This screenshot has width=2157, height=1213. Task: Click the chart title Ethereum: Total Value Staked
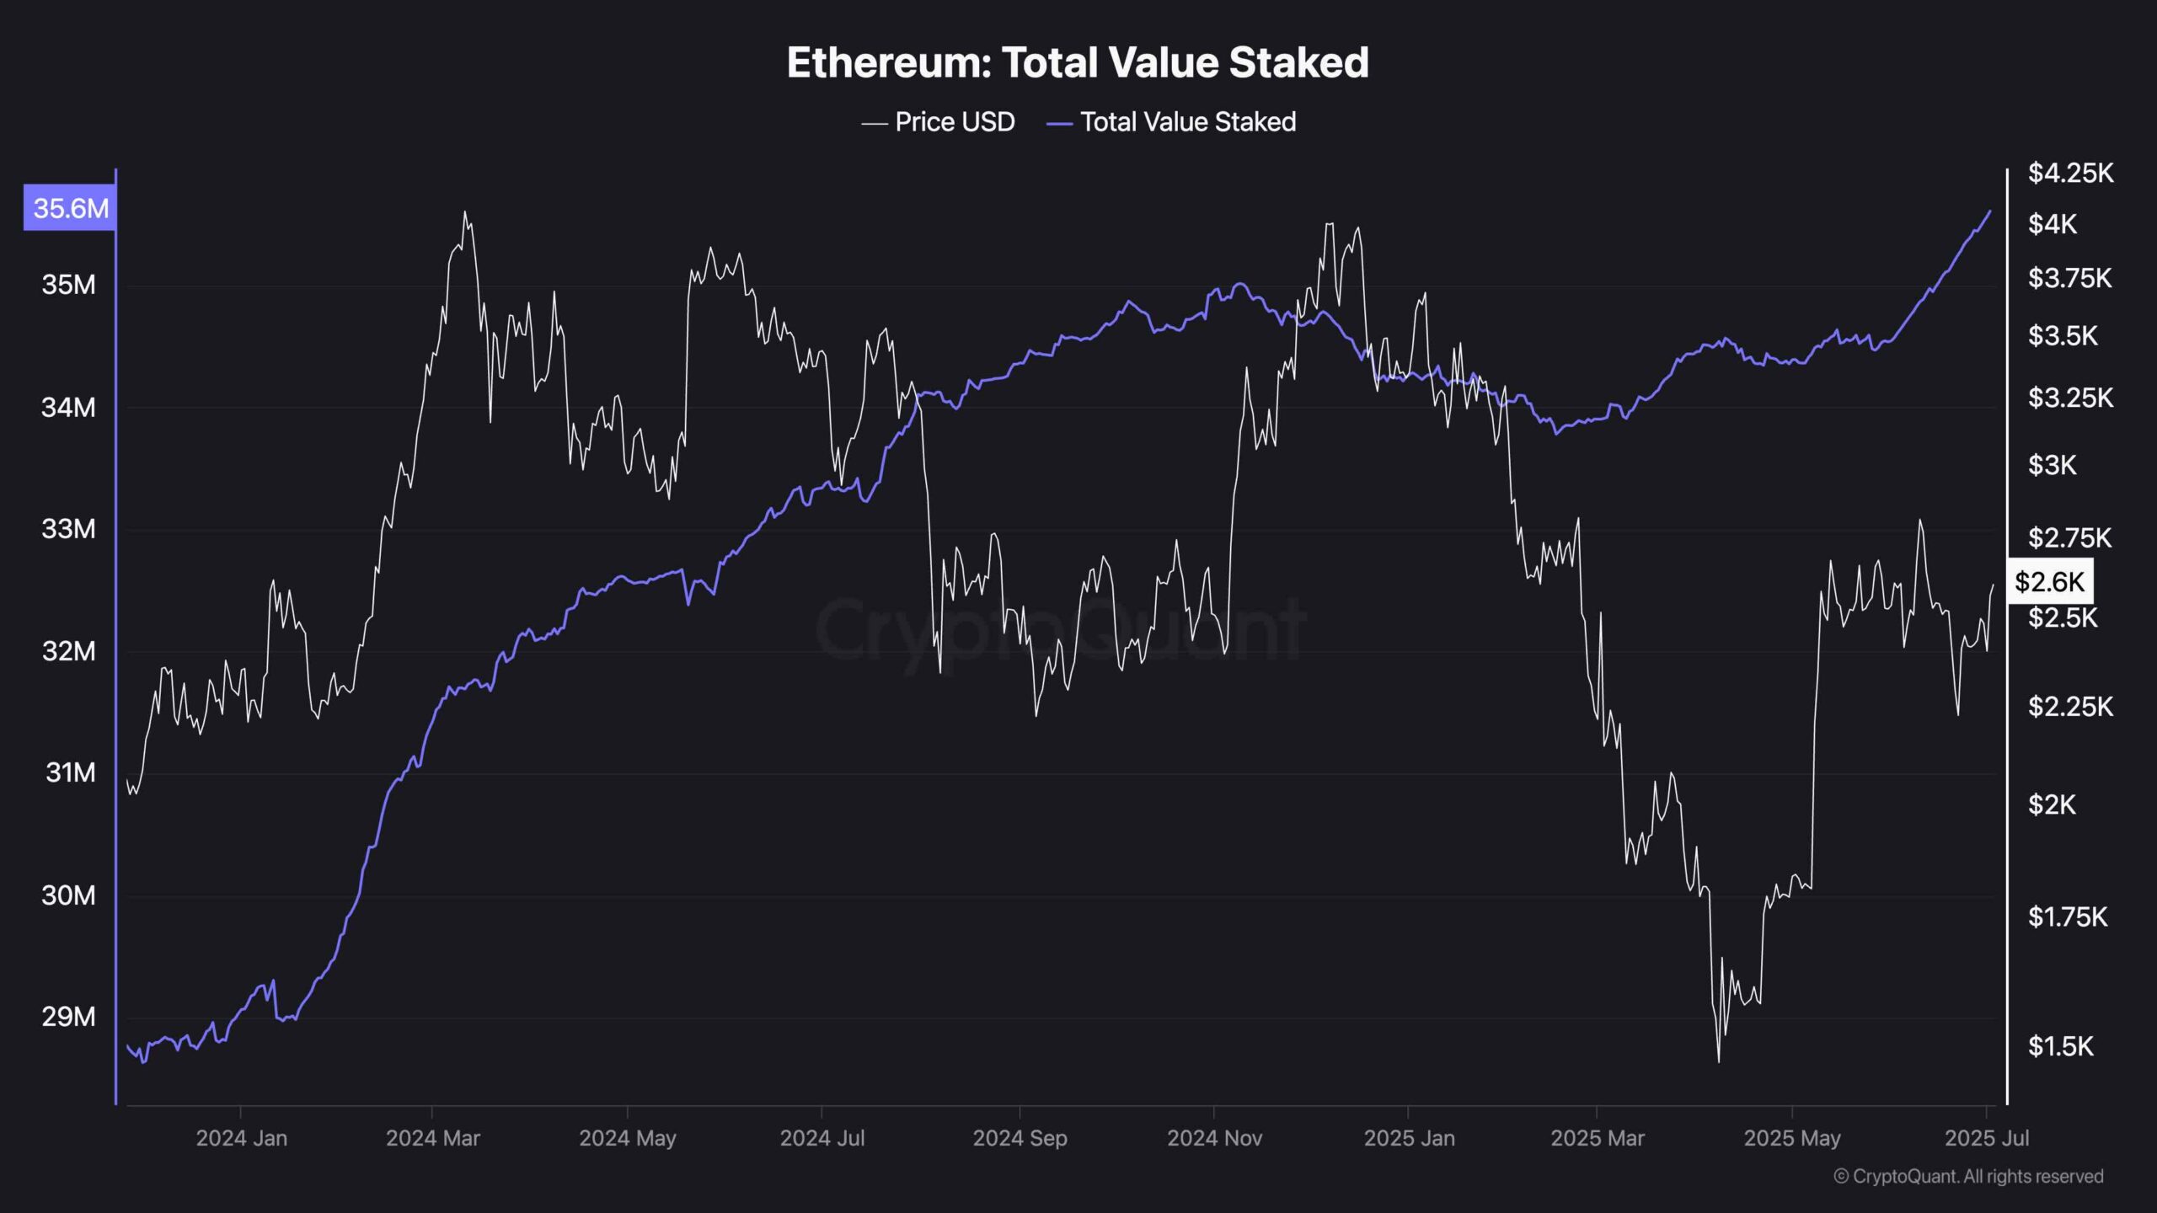(x=1078, y=62)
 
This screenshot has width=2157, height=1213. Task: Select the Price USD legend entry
(x=939, y=122)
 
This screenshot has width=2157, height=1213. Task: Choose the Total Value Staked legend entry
(x=1171, y=122)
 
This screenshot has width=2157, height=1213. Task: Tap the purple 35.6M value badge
(x=70, y=208)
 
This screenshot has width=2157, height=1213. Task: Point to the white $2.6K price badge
(x=2049, y=581)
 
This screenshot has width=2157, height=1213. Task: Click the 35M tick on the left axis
(x=69, y=285)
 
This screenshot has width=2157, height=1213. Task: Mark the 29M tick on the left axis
(x=69, y=1017)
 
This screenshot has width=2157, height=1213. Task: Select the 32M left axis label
(x=69, y=651)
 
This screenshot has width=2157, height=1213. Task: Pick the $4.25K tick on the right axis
(x=2070, y=174)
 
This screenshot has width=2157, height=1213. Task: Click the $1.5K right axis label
(x=2060, y=1046)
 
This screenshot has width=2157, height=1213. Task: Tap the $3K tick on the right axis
(x=2052, y=465)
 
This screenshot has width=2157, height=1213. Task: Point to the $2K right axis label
(x=2052, y=805)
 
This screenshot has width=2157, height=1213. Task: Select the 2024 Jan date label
(x=241, y=1139)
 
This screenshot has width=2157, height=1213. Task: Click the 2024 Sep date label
(x=1020, y=1139)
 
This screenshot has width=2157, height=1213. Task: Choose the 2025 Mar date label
(x=1597, y=1139)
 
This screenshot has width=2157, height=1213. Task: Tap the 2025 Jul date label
(x=1986, y=1139)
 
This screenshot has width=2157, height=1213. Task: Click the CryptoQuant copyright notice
(x=1968, y=1177)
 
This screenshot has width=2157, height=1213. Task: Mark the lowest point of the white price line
(x=1719, y=1061)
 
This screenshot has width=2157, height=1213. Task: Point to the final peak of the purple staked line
(x=1991, y=211)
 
